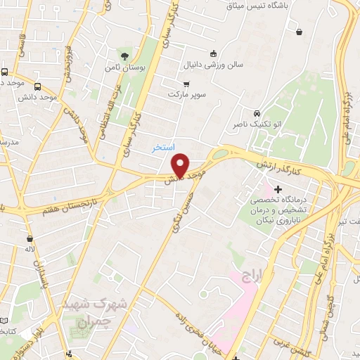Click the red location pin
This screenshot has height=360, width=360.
(181, 165)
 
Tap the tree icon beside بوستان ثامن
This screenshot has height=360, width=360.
(125, 56)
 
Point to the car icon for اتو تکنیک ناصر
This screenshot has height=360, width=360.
(257, 113)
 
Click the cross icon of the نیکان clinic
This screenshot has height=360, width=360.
(278, 189)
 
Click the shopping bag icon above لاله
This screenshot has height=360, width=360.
(30, 239)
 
